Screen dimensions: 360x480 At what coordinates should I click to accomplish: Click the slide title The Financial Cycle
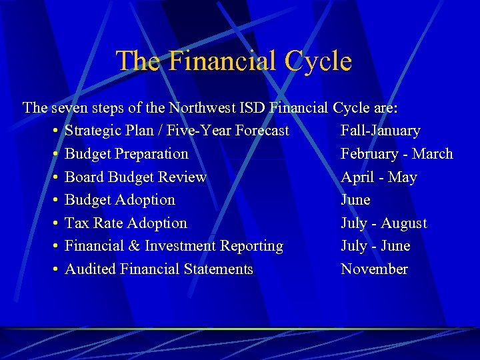coord(233,61)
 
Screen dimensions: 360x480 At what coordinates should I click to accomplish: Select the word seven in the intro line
coord(68,107)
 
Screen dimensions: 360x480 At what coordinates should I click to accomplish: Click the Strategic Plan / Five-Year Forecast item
coord(177,131)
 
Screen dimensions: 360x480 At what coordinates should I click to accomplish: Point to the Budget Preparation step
coord(127,154)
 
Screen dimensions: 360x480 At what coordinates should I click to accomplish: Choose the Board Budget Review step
coord(135,177)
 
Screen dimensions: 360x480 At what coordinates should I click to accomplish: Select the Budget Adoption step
coord(120,200)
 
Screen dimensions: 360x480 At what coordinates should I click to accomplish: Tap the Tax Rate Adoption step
coord(126,223)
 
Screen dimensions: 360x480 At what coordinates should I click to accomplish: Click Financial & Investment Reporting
coord(174,246)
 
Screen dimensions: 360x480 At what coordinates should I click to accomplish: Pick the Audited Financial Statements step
coord(159,269)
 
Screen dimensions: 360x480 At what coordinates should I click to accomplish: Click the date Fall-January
coord(380,131)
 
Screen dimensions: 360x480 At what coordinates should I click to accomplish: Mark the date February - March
coord(397,154)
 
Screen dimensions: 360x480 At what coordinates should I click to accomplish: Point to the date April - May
coord(379,177)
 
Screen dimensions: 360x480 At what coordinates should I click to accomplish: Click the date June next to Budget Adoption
coord(355,200)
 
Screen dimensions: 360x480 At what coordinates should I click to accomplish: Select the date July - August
coord(383,223)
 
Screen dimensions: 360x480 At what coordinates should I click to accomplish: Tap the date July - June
coord(375,246)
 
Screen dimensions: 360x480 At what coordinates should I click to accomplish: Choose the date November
coord(374,269)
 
